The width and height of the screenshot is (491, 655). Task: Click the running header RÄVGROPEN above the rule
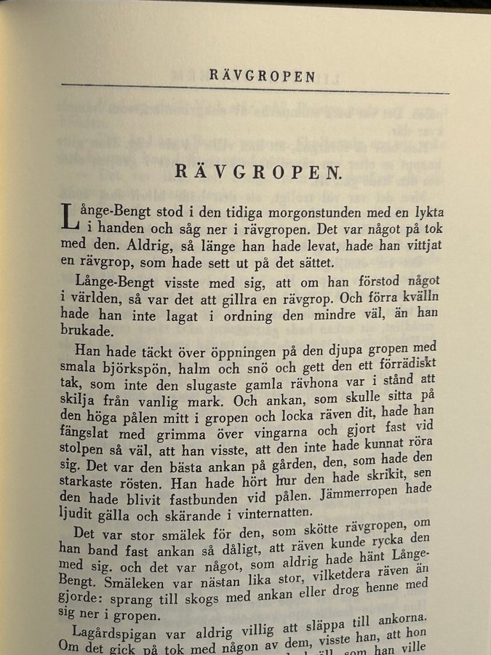[262, 76]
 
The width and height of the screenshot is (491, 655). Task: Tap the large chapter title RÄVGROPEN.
[258, 172]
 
